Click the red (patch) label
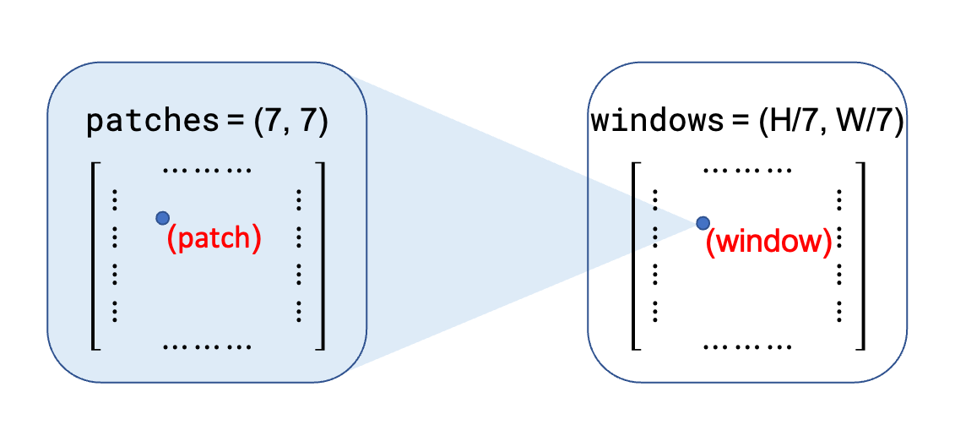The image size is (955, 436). (x=214, y=238)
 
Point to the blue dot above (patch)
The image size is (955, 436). (x=162, y=218)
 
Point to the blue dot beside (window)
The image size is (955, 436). (x=703, y=223)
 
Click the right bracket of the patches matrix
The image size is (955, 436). (x=320, y=256)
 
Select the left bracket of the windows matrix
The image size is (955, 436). (x=635, y=256)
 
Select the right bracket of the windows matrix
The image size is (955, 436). (x=860, y=256)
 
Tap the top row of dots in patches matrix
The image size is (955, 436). (x=207, y=168)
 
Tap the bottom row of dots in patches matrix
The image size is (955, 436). (x=207, y=346)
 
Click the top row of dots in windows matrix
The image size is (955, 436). (x=748, y=168)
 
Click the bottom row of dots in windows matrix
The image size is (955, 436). (x=748, y=346)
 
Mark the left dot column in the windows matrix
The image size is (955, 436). (x=655, y=256)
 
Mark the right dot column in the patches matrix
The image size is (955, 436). (x=299, y=256)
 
